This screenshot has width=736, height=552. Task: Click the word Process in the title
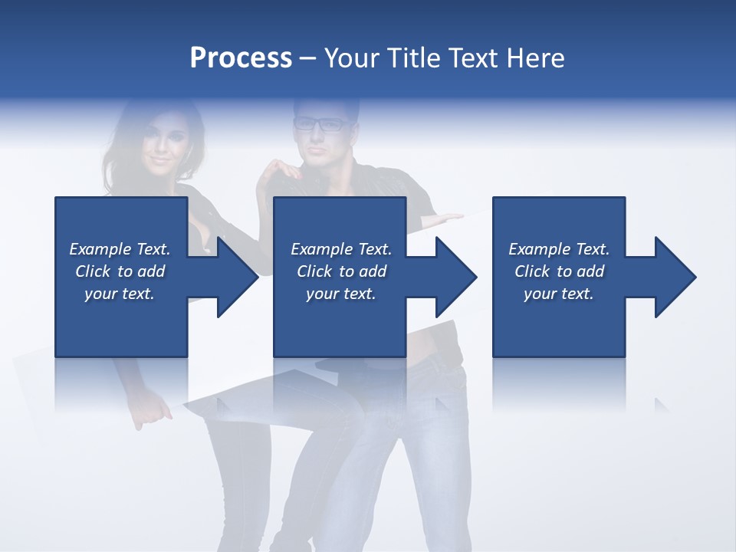[241, 58]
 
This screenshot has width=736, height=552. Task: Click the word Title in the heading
[412, 58]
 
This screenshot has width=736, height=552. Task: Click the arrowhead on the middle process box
[451, 277]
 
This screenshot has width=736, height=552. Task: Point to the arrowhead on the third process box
[670, 277]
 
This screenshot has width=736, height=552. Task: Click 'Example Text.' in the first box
[120, 249]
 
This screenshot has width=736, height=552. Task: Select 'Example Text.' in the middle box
[341, 249]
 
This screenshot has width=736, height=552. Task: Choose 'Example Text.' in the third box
[559, 249]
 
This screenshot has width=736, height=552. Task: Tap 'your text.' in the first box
[120, 294]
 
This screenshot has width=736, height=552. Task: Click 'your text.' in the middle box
[341, 294]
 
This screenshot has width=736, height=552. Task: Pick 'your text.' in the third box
[559, 294]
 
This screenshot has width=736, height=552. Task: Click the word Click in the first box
[93, 271]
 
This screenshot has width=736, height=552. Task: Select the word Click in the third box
[532, 271]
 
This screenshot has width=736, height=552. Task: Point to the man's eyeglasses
[320, 123]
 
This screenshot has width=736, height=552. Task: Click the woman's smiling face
[163, 146]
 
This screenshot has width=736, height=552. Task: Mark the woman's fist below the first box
[154, 414]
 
